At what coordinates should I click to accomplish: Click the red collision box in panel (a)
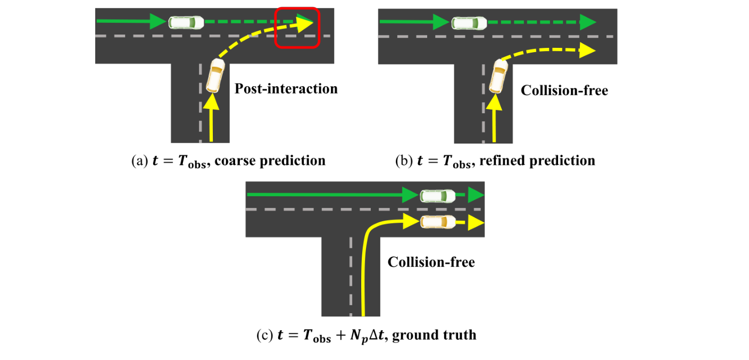pyautogui.click(x=297, y=28)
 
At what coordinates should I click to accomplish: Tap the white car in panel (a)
pyautogui.click(x=186, y=22)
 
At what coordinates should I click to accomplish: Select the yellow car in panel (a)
pyautogui.click(x=215, y=76)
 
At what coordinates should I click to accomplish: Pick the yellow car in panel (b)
pyautogui.click(x=498, y=76)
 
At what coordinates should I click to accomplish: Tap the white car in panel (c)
pyautogui.click(x=437, y=196)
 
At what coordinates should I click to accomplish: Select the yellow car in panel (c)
pyautogui.click(x=437, y=221)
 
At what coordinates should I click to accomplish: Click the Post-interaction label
pyautogui.click(x=286, y=88)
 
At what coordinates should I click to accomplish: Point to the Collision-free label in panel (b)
pyautogui.click(x=564, y=90)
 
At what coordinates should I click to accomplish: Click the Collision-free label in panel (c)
pyautogui.click(x=431, y=262)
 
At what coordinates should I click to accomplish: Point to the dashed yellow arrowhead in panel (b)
pyautogui.click(x=587, y=51)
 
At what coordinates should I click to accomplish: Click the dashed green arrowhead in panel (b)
pyautogui.click(x=587, y=22)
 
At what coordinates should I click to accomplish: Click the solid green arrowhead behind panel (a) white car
pyautogui.click(x=158, y=22)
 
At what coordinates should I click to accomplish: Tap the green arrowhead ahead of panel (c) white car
pyautogui.click(x=473, y=196)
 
